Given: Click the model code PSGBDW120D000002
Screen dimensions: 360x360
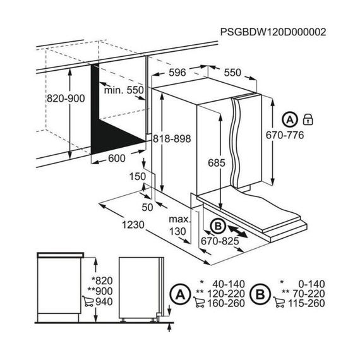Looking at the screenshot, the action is (x=273, y=32).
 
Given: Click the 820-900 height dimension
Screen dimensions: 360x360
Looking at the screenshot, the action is (x=66, y=99).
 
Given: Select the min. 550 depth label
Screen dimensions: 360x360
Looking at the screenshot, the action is (x=124, y=90).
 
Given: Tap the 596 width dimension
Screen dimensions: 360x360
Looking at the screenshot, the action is (x=177, y=73).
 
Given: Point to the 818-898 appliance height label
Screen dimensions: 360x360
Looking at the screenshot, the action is (x=172, y=139).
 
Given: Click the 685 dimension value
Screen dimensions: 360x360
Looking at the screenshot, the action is (x=217, y=163).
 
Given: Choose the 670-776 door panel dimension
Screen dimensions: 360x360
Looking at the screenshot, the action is (x=285, y=135).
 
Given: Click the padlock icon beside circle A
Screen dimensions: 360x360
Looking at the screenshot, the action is (x=308, y=119).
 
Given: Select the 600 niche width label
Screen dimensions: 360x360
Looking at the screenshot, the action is (x=117, y=158).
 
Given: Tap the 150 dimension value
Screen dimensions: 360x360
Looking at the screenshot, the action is (x=138, y=177).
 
